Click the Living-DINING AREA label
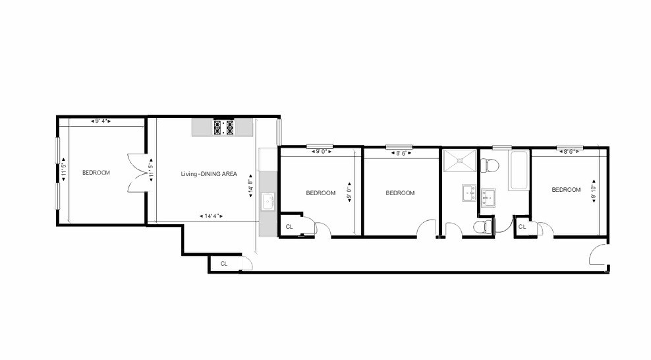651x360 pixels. point(209,174)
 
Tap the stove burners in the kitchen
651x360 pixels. point(223,127)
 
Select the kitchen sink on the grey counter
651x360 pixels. point(268,201)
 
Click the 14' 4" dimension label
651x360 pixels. point(211,216)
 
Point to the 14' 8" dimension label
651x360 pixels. point(250,185)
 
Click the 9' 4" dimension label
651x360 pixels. point(101,121)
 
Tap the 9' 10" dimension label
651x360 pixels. point(593,191)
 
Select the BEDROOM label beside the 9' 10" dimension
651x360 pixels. point(566,190)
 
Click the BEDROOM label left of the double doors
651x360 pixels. point(96,173)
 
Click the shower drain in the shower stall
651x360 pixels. point(459,161)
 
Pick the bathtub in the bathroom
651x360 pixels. point(519,170)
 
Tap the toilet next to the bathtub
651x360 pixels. point(489,165)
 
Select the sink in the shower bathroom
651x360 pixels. point(470,193)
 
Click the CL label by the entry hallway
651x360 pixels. point(224,264)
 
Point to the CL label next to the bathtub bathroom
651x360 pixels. point(522,227)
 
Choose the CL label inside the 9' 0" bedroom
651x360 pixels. point(289,227)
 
